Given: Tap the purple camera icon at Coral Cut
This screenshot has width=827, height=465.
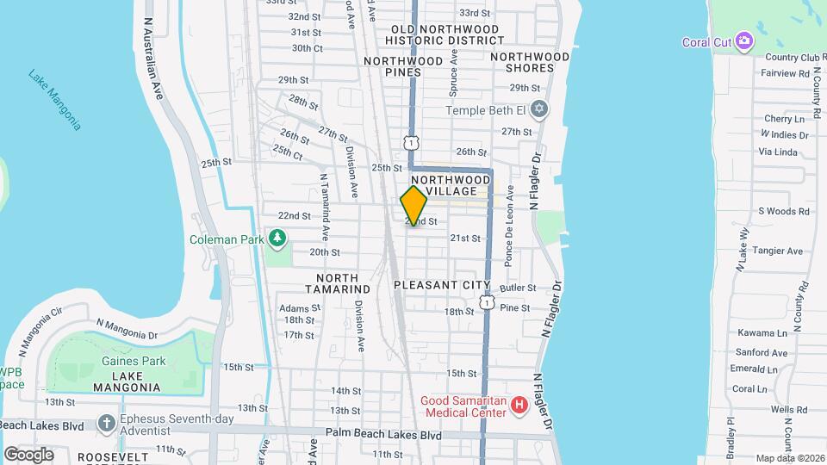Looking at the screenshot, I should (x=744, y=42).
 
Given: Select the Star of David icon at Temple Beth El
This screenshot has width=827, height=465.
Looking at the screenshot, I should (x=539, y=110).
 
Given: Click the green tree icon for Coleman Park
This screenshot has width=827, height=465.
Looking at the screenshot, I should (x=277, y=237).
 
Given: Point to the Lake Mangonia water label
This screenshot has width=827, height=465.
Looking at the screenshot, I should (x=54, y=99).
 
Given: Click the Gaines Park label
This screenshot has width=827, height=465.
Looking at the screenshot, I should (x=133, y=362).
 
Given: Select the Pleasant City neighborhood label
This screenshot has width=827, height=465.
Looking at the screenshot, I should (x=442, y=285).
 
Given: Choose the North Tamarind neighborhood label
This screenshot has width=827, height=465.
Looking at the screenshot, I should (x=343, y=283).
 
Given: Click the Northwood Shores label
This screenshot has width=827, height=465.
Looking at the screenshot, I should (x=530, y=62).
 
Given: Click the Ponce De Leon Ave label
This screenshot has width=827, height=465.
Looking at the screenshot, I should (x=510, y=226).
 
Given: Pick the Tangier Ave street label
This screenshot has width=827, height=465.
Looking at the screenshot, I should (x=777, y=251).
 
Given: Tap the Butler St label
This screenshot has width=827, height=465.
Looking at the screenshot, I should (x=518, y=288).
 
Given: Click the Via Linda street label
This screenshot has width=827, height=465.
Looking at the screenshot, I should (x=778, y=152).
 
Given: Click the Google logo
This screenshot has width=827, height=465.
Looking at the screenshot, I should (x=28, y=455).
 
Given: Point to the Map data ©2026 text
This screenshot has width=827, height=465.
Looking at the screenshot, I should (x=789, y=459).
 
